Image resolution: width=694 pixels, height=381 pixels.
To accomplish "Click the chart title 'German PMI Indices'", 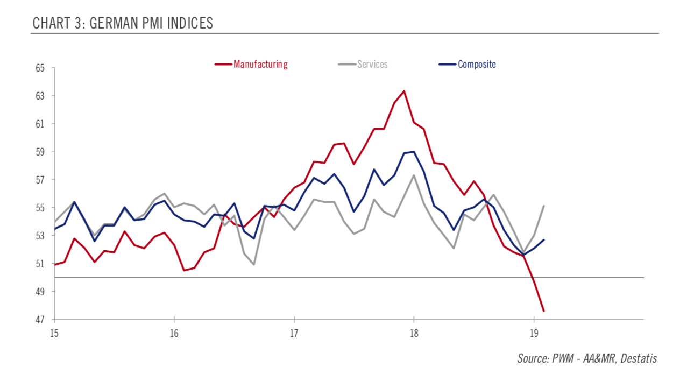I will coord(123,23).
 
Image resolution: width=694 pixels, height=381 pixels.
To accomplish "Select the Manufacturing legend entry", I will coord(260,65).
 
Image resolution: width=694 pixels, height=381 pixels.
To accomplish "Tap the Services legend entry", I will coord(372,65).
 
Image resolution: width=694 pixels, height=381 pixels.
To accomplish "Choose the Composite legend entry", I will coord(477,65).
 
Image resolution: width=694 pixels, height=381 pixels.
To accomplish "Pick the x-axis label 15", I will coord(54,332).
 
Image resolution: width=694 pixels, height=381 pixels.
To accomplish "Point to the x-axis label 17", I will coord(294,332).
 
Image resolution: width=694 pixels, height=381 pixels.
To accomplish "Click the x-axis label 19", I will coord(533,332).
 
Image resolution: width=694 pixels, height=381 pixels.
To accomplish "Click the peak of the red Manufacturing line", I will coord(403,91).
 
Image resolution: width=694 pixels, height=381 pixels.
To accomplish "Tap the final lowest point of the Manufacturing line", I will coord(544,311).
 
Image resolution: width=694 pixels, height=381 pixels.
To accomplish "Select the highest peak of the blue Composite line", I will coord(413,151).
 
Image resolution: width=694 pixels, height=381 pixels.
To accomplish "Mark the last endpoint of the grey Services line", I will coord(544,206).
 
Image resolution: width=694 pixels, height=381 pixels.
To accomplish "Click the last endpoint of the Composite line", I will coord(544,239).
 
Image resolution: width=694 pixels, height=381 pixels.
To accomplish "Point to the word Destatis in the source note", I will coord(639,358).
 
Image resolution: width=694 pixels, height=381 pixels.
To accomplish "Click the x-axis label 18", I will coord(413,332).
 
